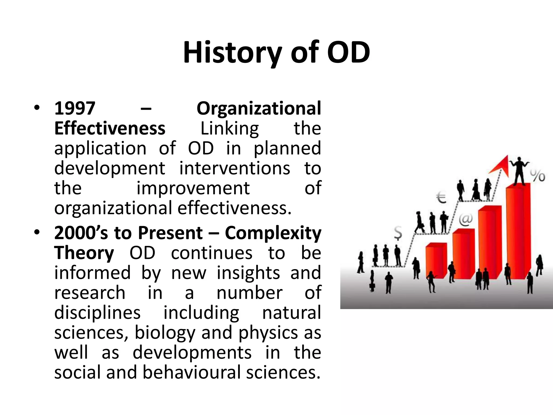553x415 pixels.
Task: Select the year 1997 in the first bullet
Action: pyautogui.click(x=75, y=109)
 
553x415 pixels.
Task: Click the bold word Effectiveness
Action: pyautogui.click(x=110, y=129)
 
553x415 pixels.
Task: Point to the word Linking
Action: pyautogui.click(x=230, y=129)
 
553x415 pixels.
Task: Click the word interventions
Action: pyautogui.click(x=235, y=168)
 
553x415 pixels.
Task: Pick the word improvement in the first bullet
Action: pyautogui.click(x=193, y=188)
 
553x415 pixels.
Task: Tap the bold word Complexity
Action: pyautogui.click(x=273, y=233)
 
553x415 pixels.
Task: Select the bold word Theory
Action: pyautogui.click(x=84, y=253)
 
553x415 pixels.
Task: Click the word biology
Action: pyautogui.click(x=165, y=333)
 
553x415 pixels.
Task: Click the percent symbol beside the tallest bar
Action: pyautogui.click(x=537, y=176)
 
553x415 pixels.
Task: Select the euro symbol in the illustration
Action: pyautogui.click(x=441, y=198)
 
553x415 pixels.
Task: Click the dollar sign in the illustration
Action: pyautogui.click(x=398, y=233)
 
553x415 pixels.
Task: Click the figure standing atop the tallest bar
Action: pyautogui.click(x=519, y=171)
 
